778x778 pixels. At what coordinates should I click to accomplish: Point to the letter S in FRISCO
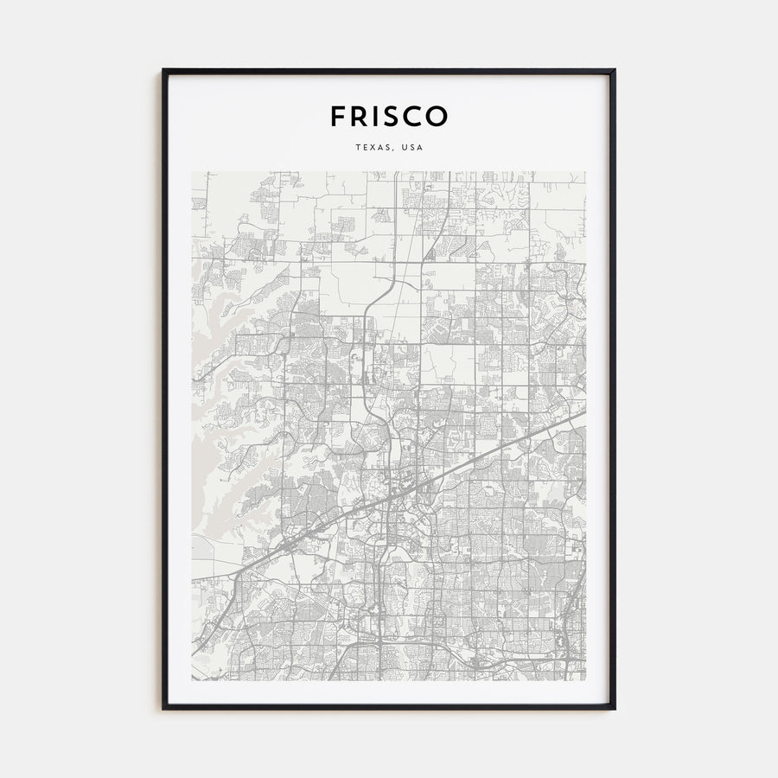tap(391, 116)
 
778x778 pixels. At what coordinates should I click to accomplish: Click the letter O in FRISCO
tap(437, 116)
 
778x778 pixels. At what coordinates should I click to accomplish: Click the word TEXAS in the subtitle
tap(372, 148)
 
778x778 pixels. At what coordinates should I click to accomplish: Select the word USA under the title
tap(411, 148)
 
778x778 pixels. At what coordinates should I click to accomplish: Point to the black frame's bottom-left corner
tap(163, 709)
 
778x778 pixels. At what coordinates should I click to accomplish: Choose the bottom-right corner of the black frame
tap(615, 709)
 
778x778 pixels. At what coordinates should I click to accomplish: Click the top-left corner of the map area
tap(192, 171)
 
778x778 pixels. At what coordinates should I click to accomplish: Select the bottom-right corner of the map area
tap(585, 680)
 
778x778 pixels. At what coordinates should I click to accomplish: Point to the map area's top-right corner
tap(585, 171)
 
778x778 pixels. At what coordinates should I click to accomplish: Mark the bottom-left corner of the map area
tap(192, 680)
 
